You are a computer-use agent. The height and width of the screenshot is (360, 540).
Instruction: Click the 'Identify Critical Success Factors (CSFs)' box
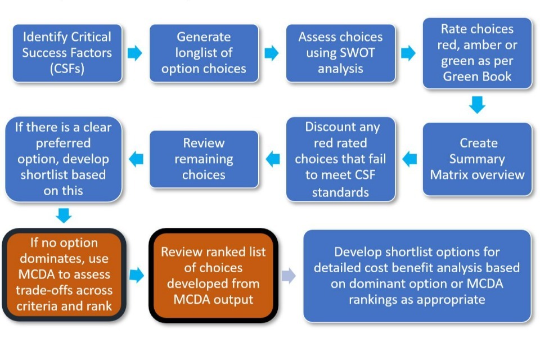[67, 53]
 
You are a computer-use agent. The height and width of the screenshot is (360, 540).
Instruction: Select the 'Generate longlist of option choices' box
[204, 53]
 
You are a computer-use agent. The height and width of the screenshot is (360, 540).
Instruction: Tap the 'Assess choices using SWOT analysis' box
[340, 53]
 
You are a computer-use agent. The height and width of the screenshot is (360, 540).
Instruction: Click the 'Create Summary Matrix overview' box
[477, 159]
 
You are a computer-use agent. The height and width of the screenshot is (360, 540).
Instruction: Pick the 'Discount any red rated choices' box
[340, 159]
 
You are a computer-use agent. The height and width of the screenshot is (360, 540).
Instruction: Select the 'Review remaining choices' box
[204, 159]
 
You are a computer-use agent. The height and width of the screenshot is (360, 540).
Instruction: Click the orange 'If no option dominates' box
[64, 274]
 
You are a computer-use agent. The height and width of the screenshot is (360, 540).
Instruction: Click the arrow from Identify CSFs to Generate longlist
[135, 53]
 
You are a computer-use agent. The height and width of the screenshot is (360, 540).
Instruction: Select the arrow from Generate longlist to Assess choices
[272, 53]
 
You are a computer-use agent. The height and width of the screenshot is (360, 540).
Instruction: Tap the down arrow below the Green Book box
[477, 104]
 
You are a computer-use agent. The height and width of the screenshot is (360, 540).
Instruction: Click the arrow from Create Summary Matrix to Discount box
[409, 159]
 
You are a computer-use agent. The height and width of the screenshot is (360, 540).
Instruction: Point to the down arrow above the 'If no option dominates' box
[64, 215]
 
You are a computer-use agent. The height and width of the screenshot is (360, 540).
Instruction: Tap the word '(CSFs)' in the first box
[67, 69]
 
